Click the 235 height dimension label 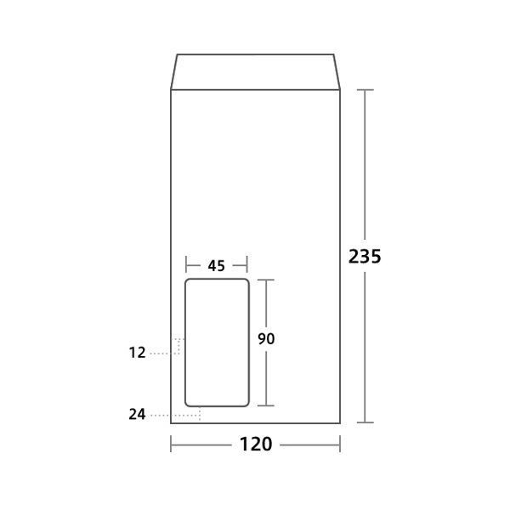click(365, 256)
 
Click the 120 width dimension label click(256, 444)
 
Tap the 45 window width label click(216, 266)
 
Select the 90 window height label click(266, 338)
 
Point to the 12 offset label click(137, 353)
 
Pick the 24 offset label click(137, 414)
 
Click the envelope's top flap click(255, 72)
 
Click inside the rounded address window click(217, 343)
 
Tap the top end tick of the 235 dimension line click(365, 90)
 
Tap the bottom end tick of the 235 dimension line click(365, 422)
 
